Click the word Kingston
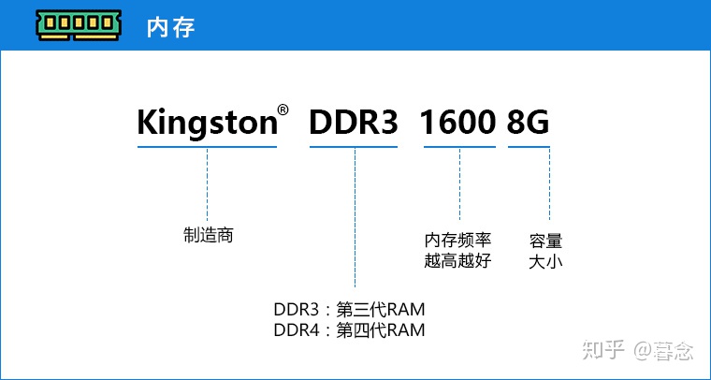[x=206, y=123]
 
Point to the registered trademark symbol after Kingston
[x=283, y=110]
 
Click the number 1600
[x=457, y=123]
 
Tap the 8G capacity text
[x=529, y=123]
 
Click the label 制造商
[x=208, y=235]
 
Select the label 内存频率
[x=457, y=241]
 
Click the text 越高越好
[x=457, y=261]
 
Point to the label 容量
[x=545, y=241]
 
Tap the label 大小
[x=545, y=261]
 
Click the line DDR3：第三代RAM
[x=350, y=310]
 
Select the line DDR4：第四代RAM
[x=350, y=329]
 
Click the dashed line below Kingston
[x=207, y=183]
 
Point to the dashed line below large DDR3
[x=355, y=215]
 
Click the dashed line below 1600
[x=459, y=183]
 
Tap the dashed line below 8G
[x=549, y=183]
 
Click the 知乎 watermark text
[x=603, y=351]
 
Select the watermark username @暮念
[x=663, y=351]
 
